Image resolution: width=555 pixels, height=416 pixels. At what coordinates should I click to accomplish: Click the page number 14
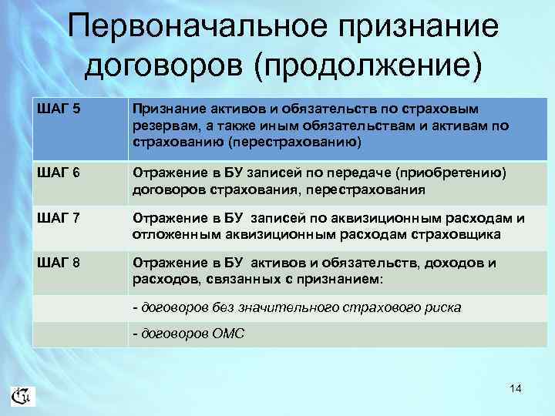(x=515, y=389)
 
